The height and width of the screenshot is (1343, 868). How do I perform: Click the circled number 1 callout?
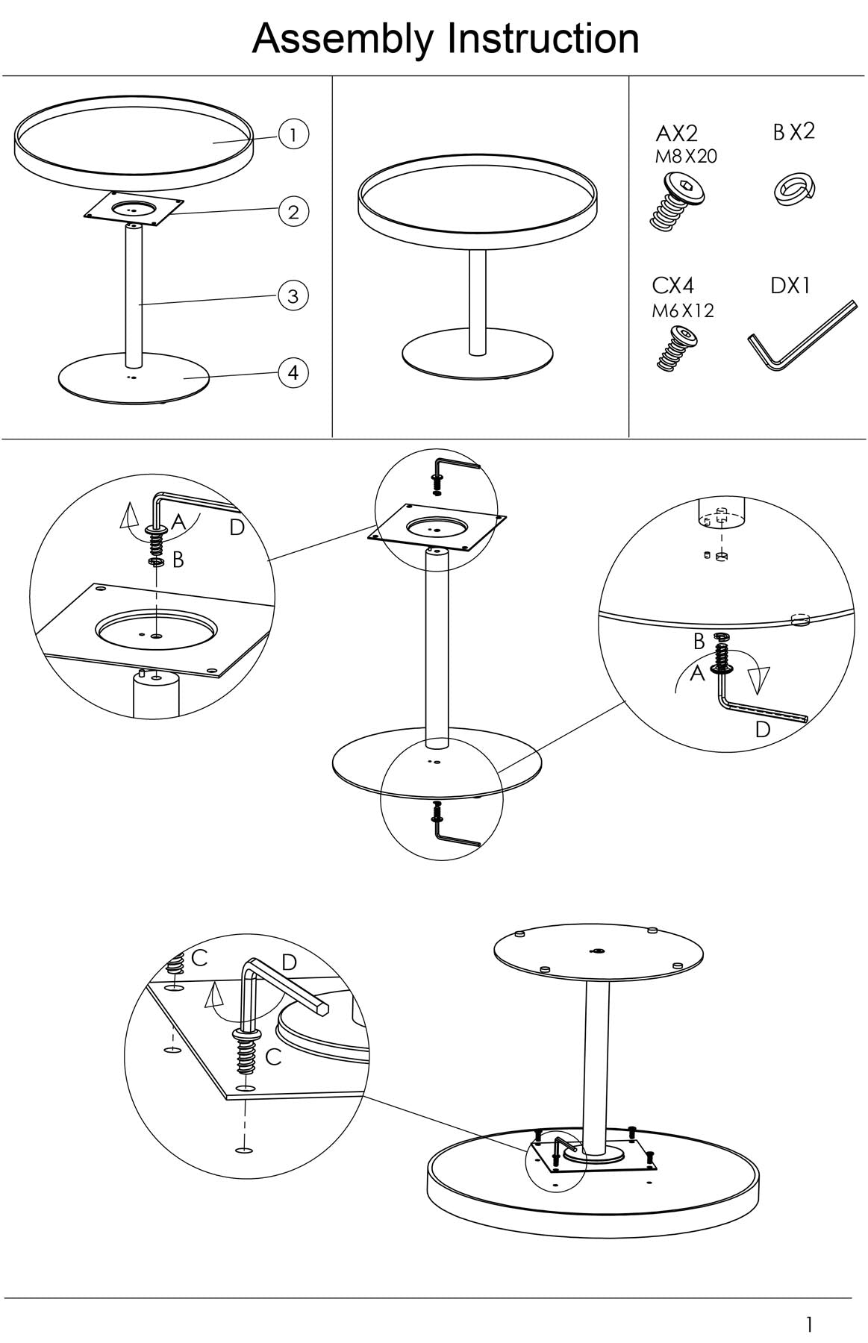click(x=293, y=135)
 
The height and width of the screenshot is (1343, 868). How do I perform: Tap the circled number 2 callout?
click(x=293, y=212)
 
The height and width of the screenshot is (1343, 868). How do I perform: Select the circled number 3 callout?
click(x=293, y=296)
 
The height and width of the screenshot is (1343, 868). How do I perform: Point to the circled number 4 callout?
click(x=293, y=372)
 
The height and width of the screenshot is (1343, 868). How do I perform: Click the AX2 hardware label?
click(x=676, y=134)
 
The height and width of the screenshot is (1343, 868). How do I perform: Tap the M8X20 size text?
click(x=686, y=157)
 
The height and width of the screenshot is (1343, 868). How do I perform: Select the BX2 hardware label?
click(x=794, y=132)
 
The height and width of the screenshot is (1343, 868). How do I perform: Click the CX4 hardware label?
click(x=673, y=286)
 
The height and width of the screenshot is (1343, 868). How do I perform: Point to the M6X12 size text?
click(x=683, y=310)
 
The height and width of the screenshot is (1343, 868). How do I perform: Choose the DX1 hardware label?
click(x=790, y=286)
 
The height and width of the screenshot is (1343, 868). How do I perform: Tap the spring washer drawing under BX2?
click(x=793, y=190)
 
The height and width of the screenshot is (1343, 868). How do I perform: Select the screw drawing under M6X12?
click(x=678, y=349)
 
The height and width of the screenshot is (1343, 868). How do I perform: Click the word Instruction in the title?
click(x=543, y=38)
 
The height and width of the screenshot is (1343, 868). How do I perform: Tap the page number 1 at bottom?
click(x=810, y=1324)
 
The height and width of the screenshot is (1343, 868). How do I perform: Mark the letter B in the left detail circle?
click(x=178, y=560)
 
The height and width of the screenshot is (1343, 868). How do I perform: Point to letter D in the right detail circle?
click(x=762, y=729)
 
